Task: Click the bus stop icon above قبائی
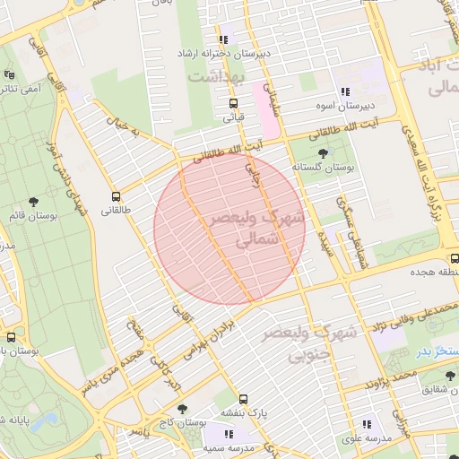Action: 234,103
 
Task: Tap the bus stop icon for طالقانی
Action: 116,196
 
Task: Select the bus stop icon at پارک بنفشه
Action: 244,400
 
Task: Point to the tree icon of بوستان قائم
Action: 34,203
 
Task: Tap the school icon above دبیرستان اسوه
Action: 344,91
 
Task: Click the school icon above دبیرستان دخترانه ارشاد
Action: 223,39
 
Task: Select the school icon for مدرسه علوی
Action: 366,425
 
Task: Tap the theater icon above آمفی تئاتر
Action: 9,74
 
